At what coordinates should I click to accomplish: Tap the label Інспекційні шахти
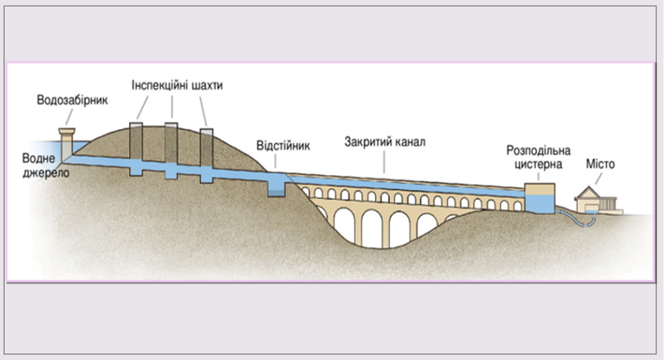coord(177,86)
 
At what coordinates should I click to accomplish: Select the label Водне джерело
coord(45,165)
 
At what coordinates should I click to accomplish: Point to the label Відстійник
coord(283,145)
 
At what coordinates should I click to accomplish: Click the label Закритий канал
coord(385,142)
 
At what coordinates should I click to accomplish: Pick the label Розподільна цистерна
coord(538,158)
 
